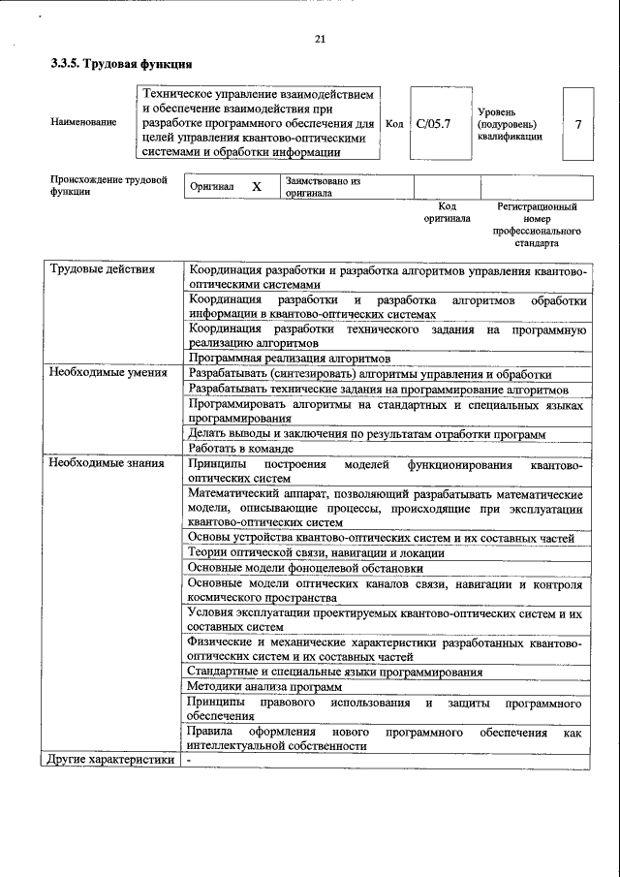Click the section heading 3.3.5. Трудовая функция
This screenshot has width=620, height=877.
[121, 65]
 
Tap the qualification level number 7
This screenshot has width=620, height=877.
[577, 124]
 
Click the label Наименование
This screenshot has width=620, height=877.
[84, 123]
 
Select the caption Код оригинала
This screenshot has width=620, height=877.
[447, 212]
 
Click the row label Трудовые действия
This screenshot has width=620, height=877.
[102, 269]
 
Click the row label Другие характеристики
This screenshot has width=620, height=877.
[111, 760]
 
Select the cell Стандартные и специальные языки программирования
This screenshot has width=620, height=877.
[334, 672]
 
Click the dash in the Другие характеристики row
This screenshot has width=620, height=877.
[191, 760]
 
